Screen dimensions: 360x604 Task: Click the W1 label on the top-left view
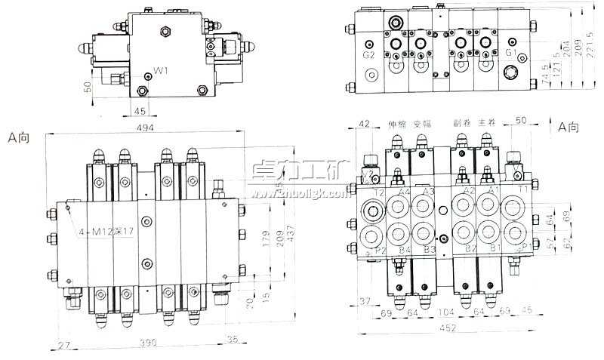tap(160, 71)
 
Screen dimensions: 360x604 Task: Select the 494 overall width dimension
tap(145, 128)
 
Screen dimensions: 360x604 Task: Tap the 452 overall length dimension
tap(447, 328)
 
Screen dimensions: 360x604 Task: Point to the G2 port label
tap(368, 54)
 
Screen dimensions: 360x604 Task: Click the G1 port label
tap(511, 53)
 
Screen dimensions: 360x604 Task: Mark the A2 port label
tap(469, 192)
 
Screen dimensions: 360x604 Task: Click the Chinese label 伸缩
tap(397, 124)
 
